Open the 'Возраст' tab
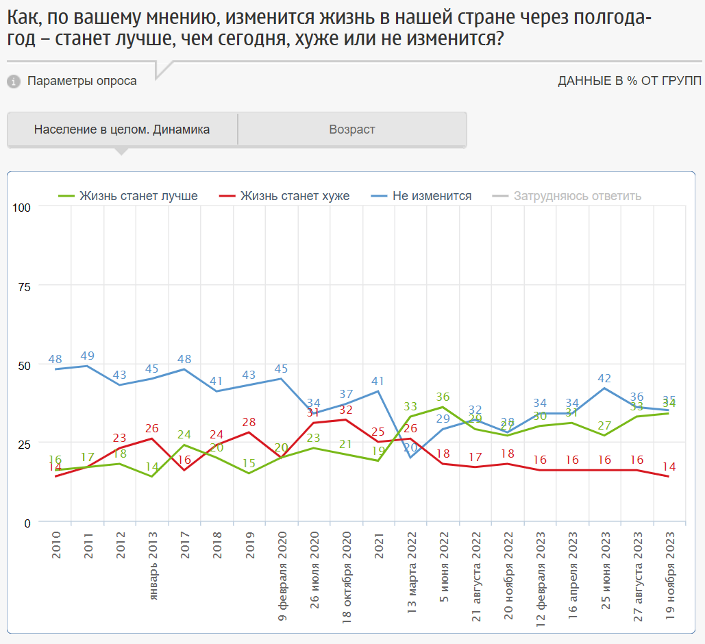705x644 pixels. click(352, 129)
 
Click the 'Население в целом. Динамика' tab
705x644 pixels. click(122, 129)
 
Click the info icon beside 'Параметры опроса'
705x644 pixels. click(14, 82)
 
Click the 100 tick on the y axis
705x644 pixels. click(23, 207)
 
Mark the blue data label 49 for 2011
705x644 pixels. click(87, 356)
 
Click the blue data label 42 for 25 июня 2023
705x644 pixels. click(604, 378)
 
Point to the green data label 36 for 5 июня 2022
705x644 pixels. click(443, 397)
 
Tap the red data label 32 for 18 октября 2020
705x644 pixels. click(346, 410)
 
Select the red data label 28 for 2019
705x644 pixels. click(249, 421)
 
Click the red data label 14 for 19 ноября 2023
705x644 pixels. click(669, 467)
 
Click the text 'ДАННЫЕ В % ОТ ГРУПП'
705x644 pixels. click(630, 81)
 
